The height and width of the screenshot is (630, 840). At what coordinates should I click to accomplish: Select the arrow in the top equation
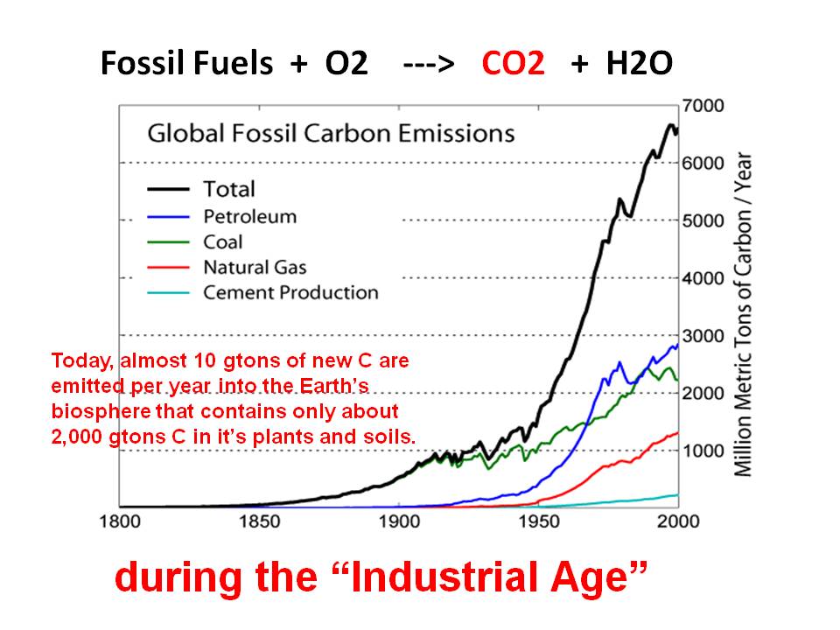[428, 65]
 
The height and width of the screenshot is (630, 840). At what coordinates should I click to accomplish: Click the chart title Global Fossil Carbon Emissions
[331, 134]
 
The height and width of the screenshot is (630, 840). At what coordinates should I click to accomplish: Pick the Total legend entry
[229, 189]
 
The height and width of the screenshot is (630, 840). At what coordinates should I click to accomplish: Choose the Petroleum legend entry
[249, 216]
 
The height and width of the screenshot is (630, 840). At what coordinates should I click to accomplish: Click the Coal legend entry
[223, 241]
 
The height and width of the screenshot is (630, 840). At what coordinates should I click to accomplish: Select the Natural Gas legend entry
[255, 267]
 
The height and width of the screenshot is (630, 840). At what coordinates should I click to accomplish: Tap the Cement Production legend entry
[290, 293]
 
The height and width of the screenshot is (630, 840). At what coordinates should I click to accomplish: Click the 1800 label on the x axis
[120, 522]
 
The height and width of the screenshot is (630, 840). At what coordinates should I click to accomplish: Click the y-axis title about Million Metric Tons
[743, 315]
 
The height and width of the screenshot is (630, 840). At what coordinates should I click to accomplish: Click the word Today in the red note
[77, 360]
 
